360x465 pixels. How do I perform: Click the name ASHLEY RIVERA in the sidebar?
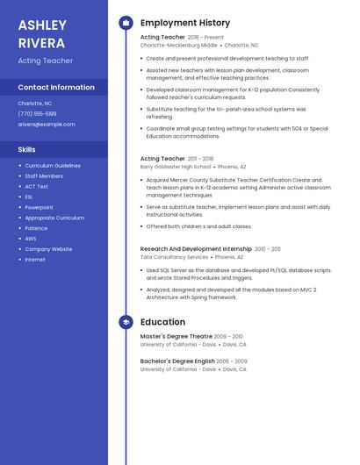[42, 33]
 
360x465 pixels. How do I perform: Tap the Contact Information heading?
[56, 88]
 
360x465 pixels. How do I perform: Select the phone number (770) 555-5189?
[37, 114]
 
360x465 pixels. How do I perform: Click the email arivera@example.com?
[47, 125]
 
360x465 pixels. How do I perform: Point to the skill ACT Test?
[37, 186]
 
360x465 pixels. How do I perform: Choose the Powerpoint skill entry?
[40, 207]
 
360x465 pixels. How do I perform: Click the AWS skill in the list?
[31, 239]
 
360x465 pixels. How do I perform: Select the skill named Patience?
[37, 228]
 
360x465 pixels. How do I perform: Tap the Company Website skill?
[48, 249]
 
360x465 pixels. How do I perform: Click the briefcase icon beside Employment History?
[126, 23]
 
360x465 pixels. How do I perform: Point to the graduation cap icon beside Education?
[126, 322]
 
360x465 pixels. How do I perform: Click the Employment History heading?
[185, 23]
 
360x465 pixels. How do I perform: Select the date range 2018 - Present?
[205, 38]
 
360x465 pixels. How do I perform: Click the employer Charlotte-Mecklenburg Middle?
[179, 45]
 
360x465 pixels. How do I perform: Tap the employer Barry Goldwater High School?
[176, 167]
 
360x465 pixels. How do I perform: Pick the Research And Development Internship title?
[196, 249]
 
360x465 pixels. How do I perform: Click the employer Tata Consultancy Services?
[174, 257]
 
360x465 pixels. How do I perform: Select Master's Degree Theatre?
[176, 336]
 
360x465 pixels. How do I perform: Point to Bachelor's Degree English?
[177, 361]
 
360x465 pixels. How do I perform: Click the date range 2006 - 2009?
[232, 361]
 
